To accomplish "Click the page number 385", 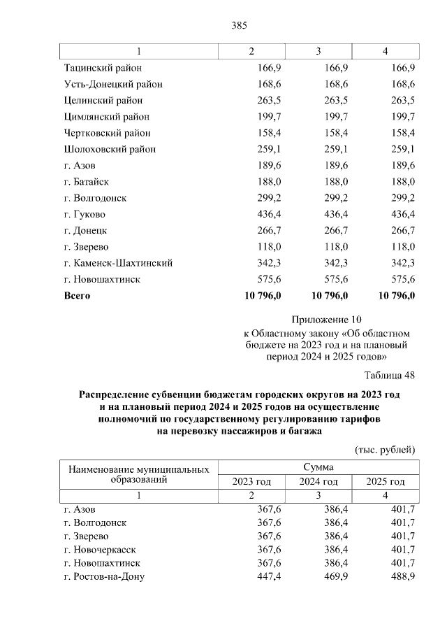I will coord(240,26).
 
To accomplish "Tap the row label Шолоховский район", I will coord(109,149).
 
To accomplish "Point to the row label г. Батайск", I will coord(86,182).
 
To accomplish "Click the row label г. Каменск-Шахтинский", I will coord(117,263).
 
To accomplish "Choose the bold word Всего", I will coord(77,296).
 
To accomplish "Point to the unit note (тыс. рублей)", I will coord(385,448).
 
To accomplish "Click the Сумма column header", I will coord(318,467).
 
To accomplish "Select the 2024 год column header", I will coord(318,482).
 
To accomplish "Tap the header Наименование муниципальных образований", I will coord(138,474).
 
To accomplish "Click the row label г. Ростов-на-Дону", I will coord(103,576).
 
